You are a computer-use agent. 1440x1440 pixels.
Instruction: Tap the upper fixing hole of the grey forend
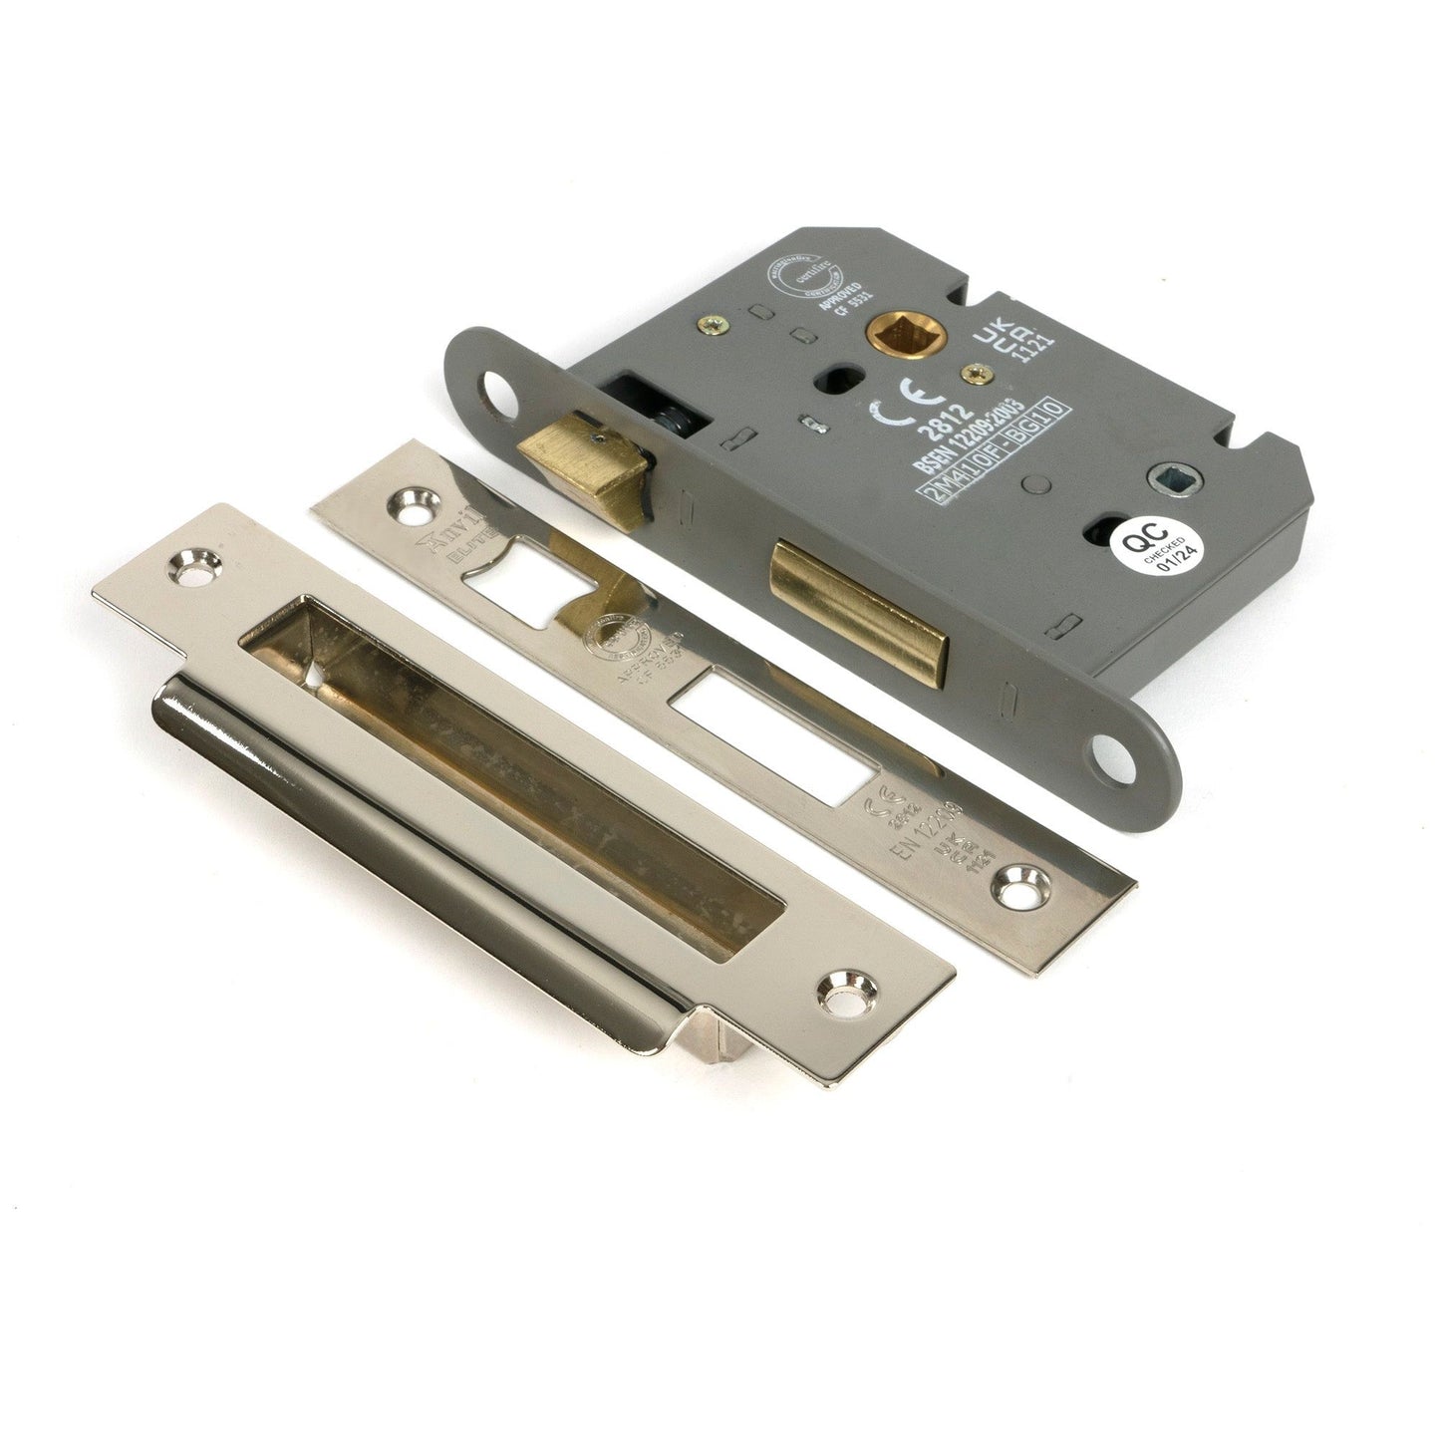click(494, 392)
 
